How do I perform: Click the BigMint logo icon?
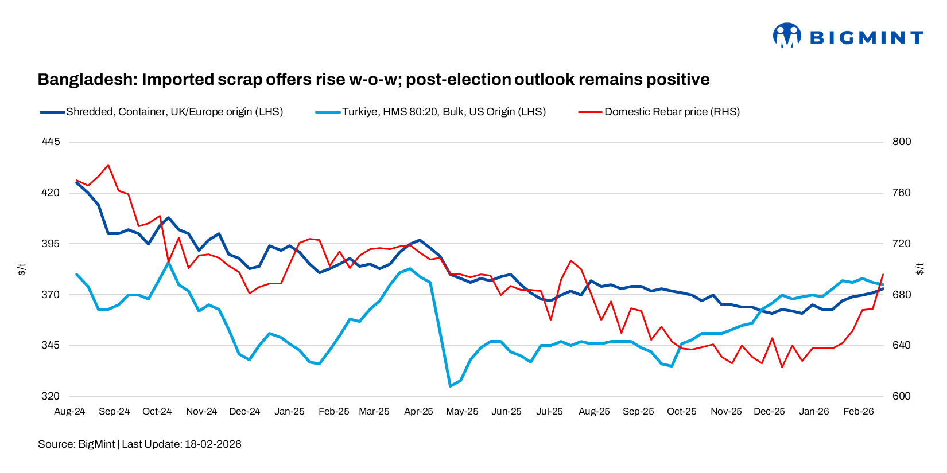click(x=786, y=36)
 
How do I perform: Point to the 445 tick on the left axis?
click(x=51, y=142)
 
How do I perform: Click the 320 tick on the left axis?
click(x=51, y=396)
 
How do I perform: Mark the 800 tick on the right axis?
click(x=902, y=142)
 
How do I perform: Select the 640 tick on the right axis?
click(x=902, y=345)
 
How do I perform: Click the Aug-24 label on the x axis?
click(x=69, y=412)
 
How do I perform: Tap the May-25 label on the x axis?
click(x=462, y=412)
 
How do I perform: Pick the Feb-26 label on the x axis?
click(x=858, y=412)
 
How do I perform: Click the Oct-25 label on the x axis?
click(x=681, y=412)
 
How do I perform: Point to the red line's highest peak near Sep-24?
click(x=108, y=165)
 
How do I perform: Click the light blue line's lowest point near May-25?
click(x=451, y=386)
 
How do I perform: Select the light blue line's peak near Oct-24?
click(x=169, y=262)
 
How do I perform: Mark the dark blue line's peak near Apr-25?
click(x=420, y=240)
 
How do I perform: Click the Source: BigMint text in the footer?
click(x=76, y=444)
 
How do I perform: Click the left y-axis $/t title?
click(x=22, y=269)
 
